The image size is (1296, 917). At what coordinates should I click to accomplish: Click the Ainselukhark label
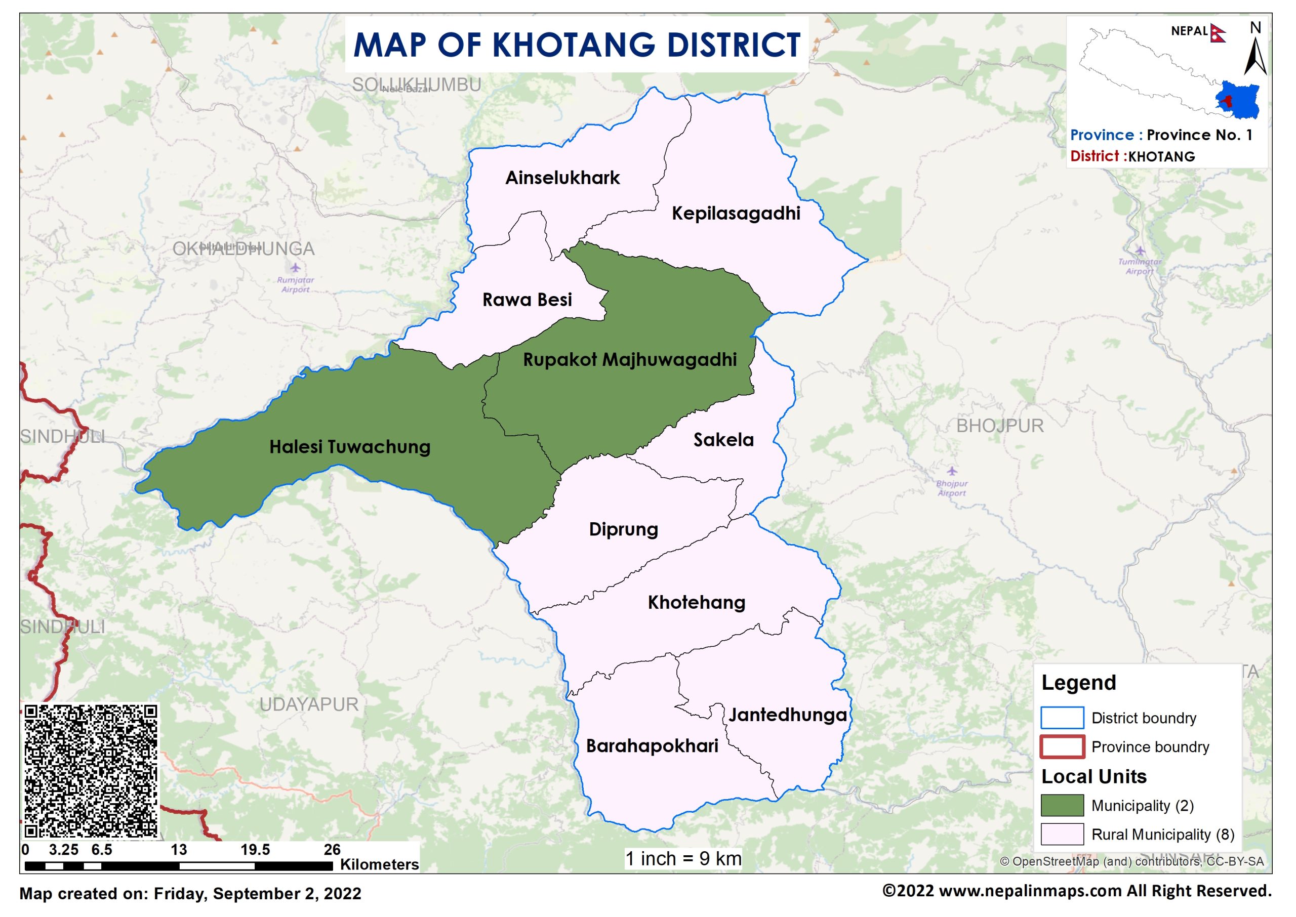pyautogui.click(x=562, y=178)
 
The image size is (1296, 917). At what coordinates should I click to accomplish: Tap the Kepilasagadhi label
pyautogui.click(x=735, y=214)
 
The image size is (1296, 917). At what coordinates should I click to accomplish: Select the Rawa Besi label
pyautogui.click(x=526, y=299)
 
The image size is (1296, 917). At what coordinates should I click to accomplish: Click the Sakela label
pyautogui.click(x=723, y=439)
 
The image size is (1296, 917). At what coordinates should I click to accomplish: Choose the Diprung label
pyautogui.click(x=623, y=529)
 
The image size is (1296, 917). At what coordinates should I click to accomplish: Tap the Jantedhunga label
pyautogui.click(x=787, y=715)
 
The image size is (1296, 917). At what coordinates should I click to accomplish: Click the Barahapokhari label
pyautogui.click(x=652, y=746)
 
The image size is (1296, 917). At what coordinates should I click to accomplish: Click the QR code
pyautogui.click(x=91, y=771)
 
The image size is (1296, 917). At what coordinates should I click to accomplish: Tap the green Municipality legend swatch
pyautogui.click(x=1062, y=805)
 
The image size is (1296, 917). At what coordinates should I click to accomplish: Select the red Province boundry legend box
pyautogui.click(x=1062, y=746)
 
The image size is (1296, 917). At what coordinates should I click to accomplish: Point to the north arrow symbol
pyautogui.click(x=1255, y=57)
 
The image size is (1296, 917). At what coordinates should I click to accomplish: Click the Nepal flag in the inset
pyautogui.click(x=1218, y=33)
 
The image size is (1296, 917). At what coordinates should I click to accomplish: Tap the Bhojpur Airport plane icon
pyautogui.click(x=952, y=471)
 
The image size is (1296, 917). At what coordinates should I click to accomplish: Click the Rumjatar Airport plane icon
pyautogui.click(x=295, y=267)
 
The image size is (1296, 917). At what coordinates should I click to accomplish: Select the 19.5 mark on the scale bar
pyautogui.click(x=255, y=850)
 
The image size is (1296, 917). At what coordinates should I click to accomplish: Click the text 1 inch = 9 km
pyautogui.click(x=683, y=859)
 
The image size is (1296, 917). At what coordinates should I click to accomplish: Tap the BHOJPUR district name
pyautogui.click(x=999, y=426)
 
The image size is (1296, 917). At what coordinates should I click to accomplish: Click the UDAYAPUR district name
pyautogui.click(x=308, y=704)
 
